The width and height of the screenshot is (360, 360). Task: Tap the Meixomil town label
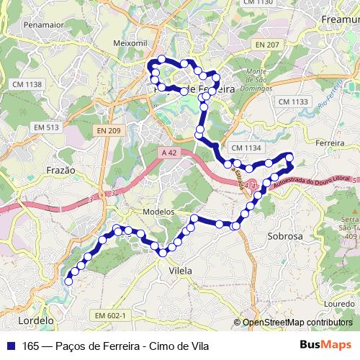[x=130, y=43]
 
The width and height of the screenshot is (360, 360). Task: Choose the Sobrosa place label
[x=284, y=235]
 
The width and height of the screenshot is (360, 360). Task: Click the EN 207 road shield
[x=266, y=45]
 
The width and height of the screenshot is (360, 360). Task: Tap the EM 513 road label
[x=46, y=127]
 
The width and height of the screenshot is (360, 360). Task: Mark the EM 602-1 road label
[x=110, y=315]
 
